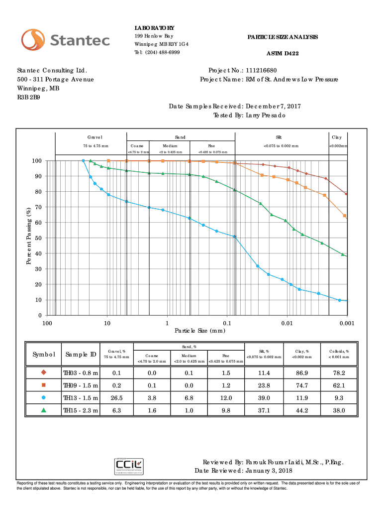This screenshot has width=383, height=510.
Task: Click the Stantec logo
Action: (x=65, y=40)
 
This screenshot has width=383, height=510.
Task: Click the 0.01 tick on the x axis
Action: (x=286, y=324)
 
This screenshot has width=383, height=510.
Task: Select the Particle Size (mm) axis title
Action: (x=197, y=331)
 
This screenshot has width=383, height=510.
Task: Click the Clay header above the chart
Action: (x=337, y=137)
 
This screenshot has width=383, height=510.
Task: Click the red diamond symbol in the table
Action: (x=44, y=373)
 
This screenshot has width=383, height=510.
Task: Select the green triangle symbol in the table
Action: (x=44, y=410)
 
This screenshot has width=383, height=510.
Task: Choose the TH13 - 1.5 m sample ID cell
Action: (x=80, y=397)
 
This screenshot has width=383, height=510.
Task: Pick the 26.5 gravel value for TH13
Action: (x=117, y=397)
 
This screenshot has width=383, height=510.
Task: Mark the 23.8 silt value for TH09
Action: (x=265, y=385)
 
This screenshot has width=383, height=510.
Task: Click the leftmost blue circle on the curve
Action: (x=83, y=161)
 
